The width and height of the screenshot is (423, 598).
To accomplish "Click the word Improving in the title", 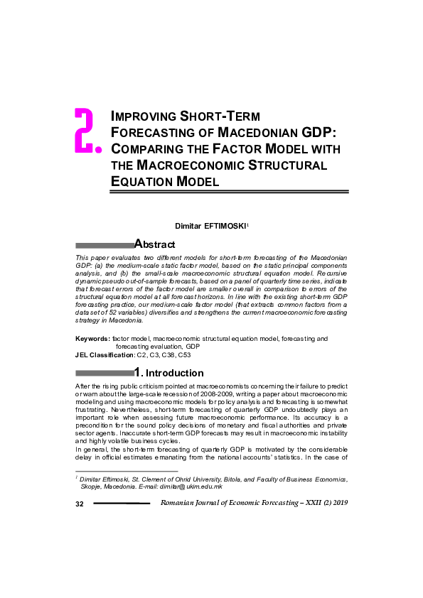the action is (144, 116).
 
